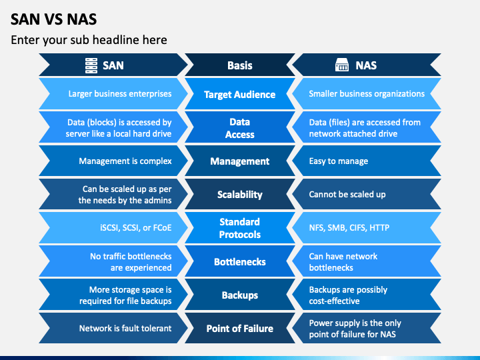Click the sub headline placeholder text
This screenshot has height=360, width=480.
point(89,40)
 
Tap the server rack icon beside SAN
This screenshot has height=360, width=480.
point(91,65)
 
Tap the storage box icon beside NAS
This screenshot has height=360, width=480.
point(341,65)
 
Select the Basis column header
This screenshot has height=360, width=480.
point(239,65)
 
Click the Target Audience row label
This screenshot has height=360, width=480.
point(239,95)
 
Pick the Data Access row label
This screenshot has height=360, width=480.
point(239,128)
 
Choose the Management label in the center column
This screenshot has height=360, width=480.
point(239,161)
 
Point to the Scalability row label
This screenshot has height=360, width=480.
point(239,195)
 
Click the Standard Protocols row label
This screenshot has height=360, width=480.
point(239,228)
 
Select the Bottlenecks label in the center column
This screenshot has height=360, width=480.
point(239,262)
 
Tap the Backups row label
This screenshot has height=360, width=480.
point(239,295)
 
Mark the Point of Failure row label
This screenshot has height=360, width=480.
point(239,329)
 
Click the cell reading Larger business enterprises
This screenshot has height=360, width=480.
point(120,94)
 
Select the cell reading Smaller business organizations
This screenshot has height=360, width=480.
point(367,94)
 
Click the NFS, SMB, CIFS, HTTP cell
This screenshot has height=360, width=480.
point(349,228)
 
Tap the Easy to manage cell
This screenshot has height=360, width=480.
point(338,161)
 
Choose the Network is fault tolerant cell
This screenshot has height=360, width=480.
point(125,329)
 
